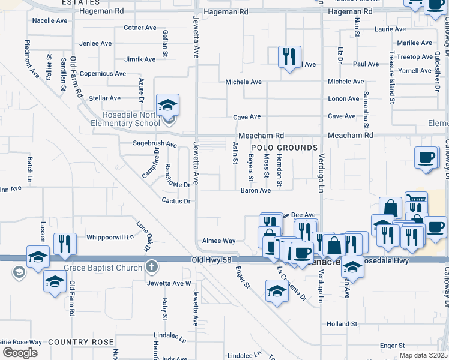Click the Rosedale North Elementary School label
[122, 119]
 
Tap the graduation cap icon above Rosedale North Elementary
[168, 105]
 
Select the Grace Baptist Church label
[104, 266]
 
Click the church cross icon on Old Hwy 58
[152, 266]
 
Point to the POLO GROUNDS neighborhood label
[284, 148]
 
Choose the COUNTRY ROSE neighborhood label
[81, 342]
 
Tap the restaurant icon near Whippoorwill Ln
[65, 243]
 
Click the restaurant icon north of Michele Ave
[289, 57]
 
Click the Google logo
[20, 353]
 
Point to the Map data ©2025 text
[424, 356]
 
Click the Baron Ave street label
[256, 190]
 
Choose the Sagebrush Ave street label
[155, 145]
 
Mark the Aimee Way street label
[218, 241]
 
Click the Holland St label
[342, 324]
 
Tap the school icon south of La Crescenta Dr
[276, 292]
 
